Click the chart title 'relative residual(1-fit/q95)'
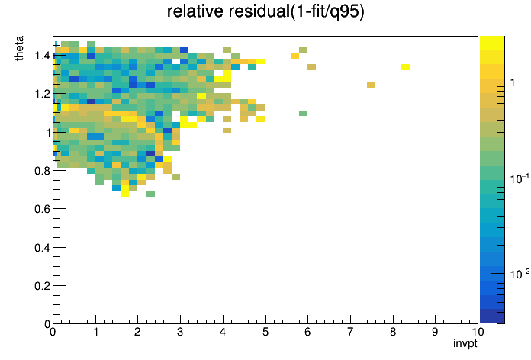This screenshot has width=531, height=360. point(265,11)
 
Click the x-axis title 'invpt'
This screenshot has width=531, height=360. point(465,343)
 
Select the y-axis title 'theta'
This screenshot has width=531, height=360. point(19,48)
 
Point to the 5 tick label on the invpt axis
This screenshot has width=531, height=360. point(265,332)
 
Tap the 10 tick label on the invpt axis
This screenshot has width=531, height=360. point(478,332)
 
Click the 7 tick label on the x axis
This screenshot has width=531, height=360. point(350,332)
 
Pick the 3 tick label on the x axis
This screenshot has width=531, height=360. point(180,332)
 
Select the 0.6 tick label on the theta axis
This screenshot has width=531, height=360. point(42,209)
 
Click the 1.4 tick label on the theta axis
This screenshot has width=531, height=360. point(42,55)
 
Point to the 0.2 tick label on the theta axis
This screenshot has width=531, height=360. point(42,286)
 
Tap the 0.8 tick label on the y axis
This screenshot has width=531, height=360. point(42,171)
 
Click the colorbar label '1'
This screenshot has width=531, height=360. point(513,82)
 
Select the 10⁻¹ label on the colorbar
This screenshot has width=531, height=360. point(520,178)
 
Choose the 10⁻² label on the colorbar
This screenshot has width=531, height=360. point(520,273)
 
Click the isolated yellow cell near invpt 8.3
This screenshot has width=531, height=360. point(405,67)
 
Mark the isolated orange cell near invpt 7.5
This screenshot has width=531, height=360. point(371,85)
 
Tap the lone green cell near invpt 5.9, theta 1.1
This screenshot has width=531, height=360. point(304,113)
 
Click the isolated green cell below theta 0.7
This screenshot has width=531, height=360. point(151,194)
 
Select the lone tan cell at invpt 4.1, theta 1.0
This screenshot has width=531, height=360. point(227,130)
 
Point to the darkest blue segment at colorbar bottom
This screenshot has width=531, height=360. point(492,317)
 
